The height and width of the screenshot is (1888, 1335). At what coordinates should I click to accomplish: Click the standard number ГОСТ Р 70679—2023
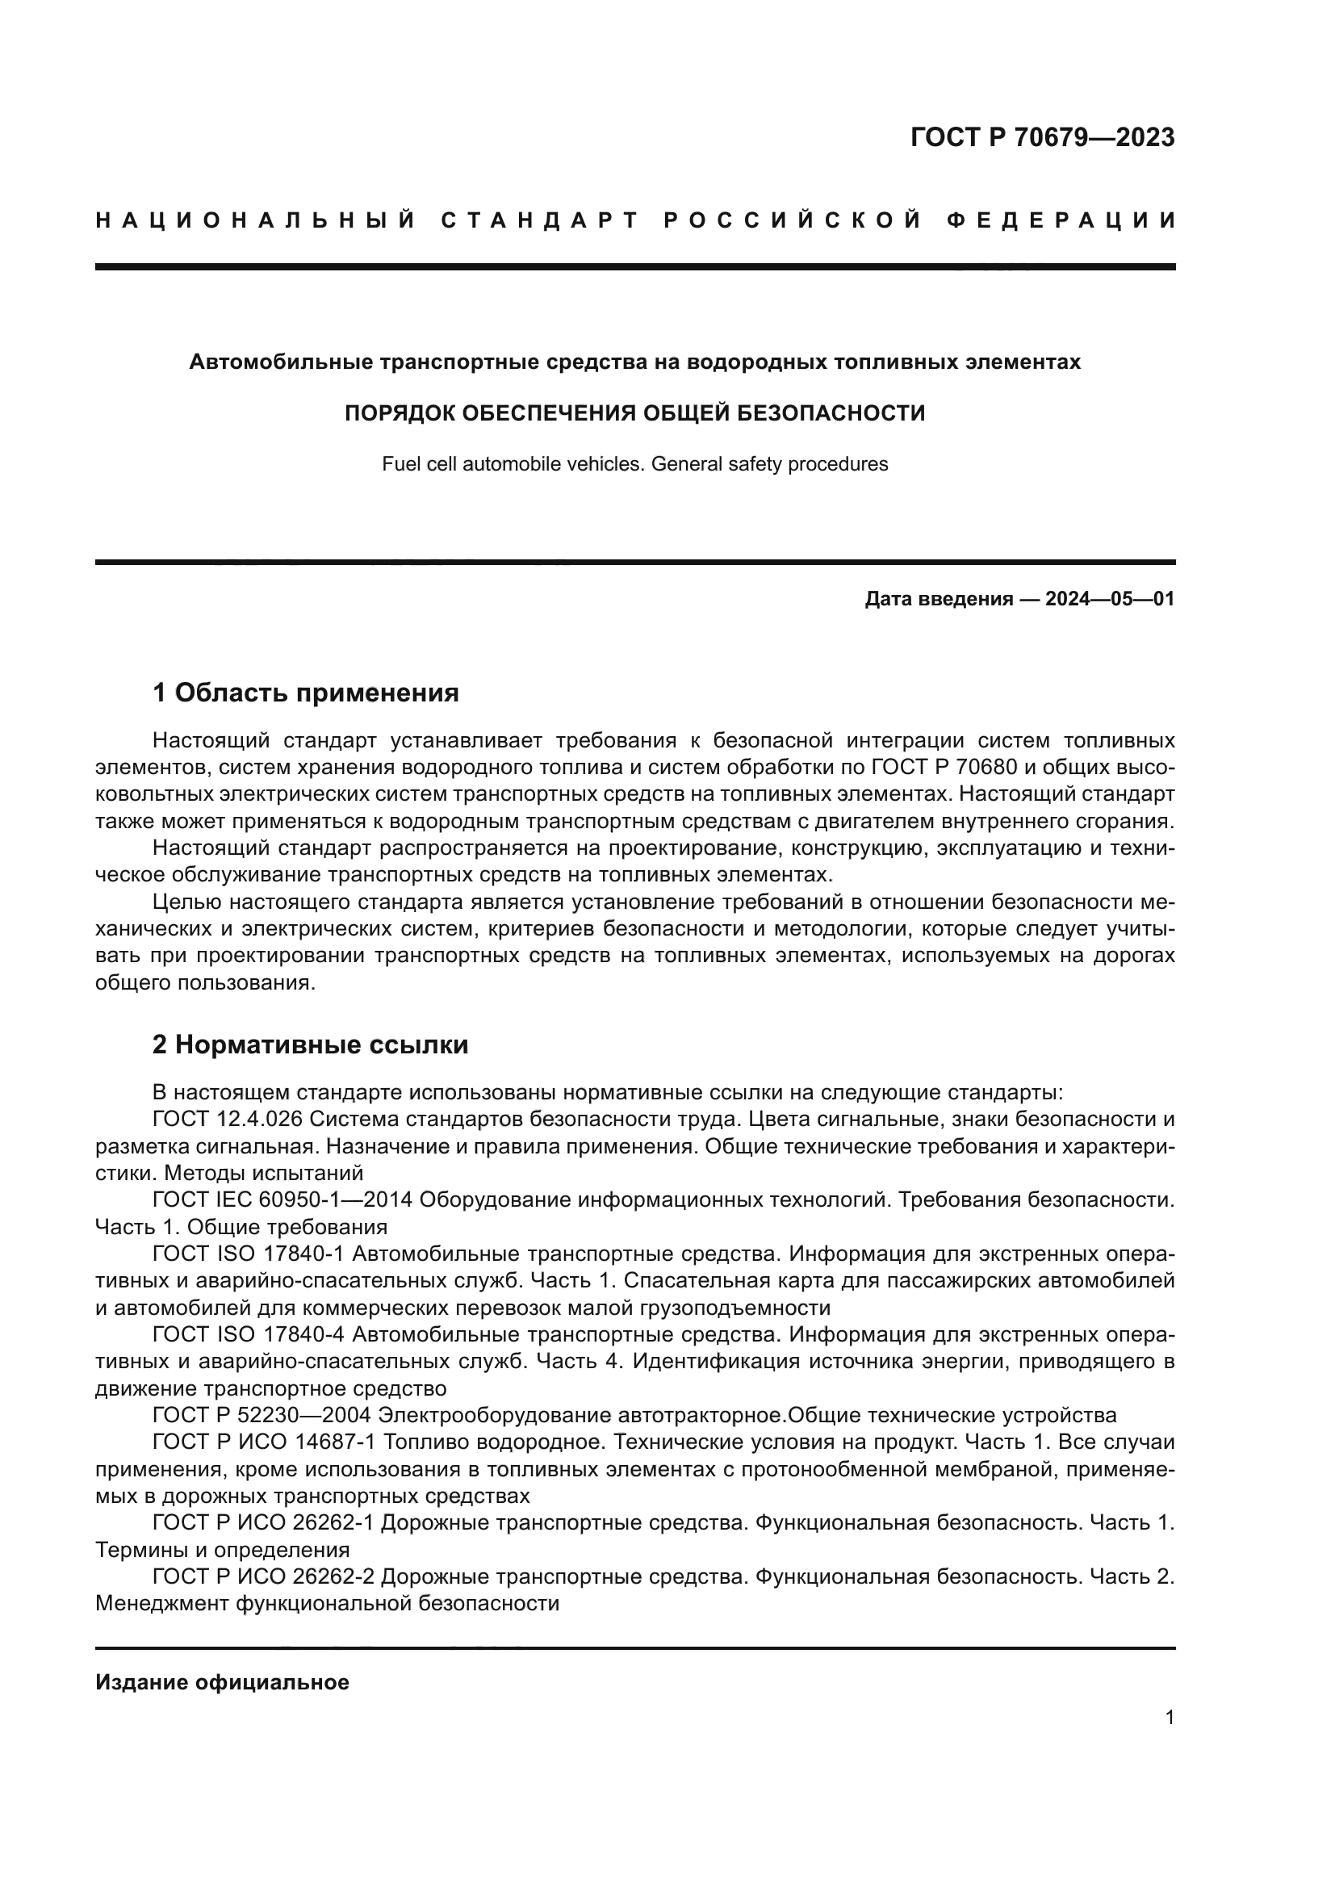pos(1042,137)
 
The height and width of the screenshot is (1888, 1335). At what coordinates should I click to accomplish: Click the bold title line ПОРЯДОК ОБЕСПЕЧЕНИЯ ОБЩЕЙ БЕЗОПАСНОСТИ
pos(634,412)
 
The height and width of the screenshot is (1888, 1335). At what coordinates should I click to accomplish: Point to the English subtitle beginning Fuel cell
pos(634,464)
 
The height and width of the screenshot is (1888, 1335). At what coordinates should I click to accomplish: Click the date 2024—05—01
pos(1110,599)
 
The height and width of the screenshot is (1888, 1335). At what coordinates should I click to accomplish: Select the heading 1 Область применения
pos(306,693)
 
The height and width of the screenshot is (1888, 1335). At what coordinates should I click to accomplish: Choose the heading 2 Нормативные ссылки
pos(311,1044)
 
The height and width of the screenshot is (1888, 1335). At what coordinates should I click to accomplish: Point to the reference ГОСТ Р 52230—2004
pos(262,1415)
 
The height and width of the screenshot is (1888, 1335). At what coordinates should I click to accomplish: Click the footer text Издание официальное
pos(222,1682)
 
